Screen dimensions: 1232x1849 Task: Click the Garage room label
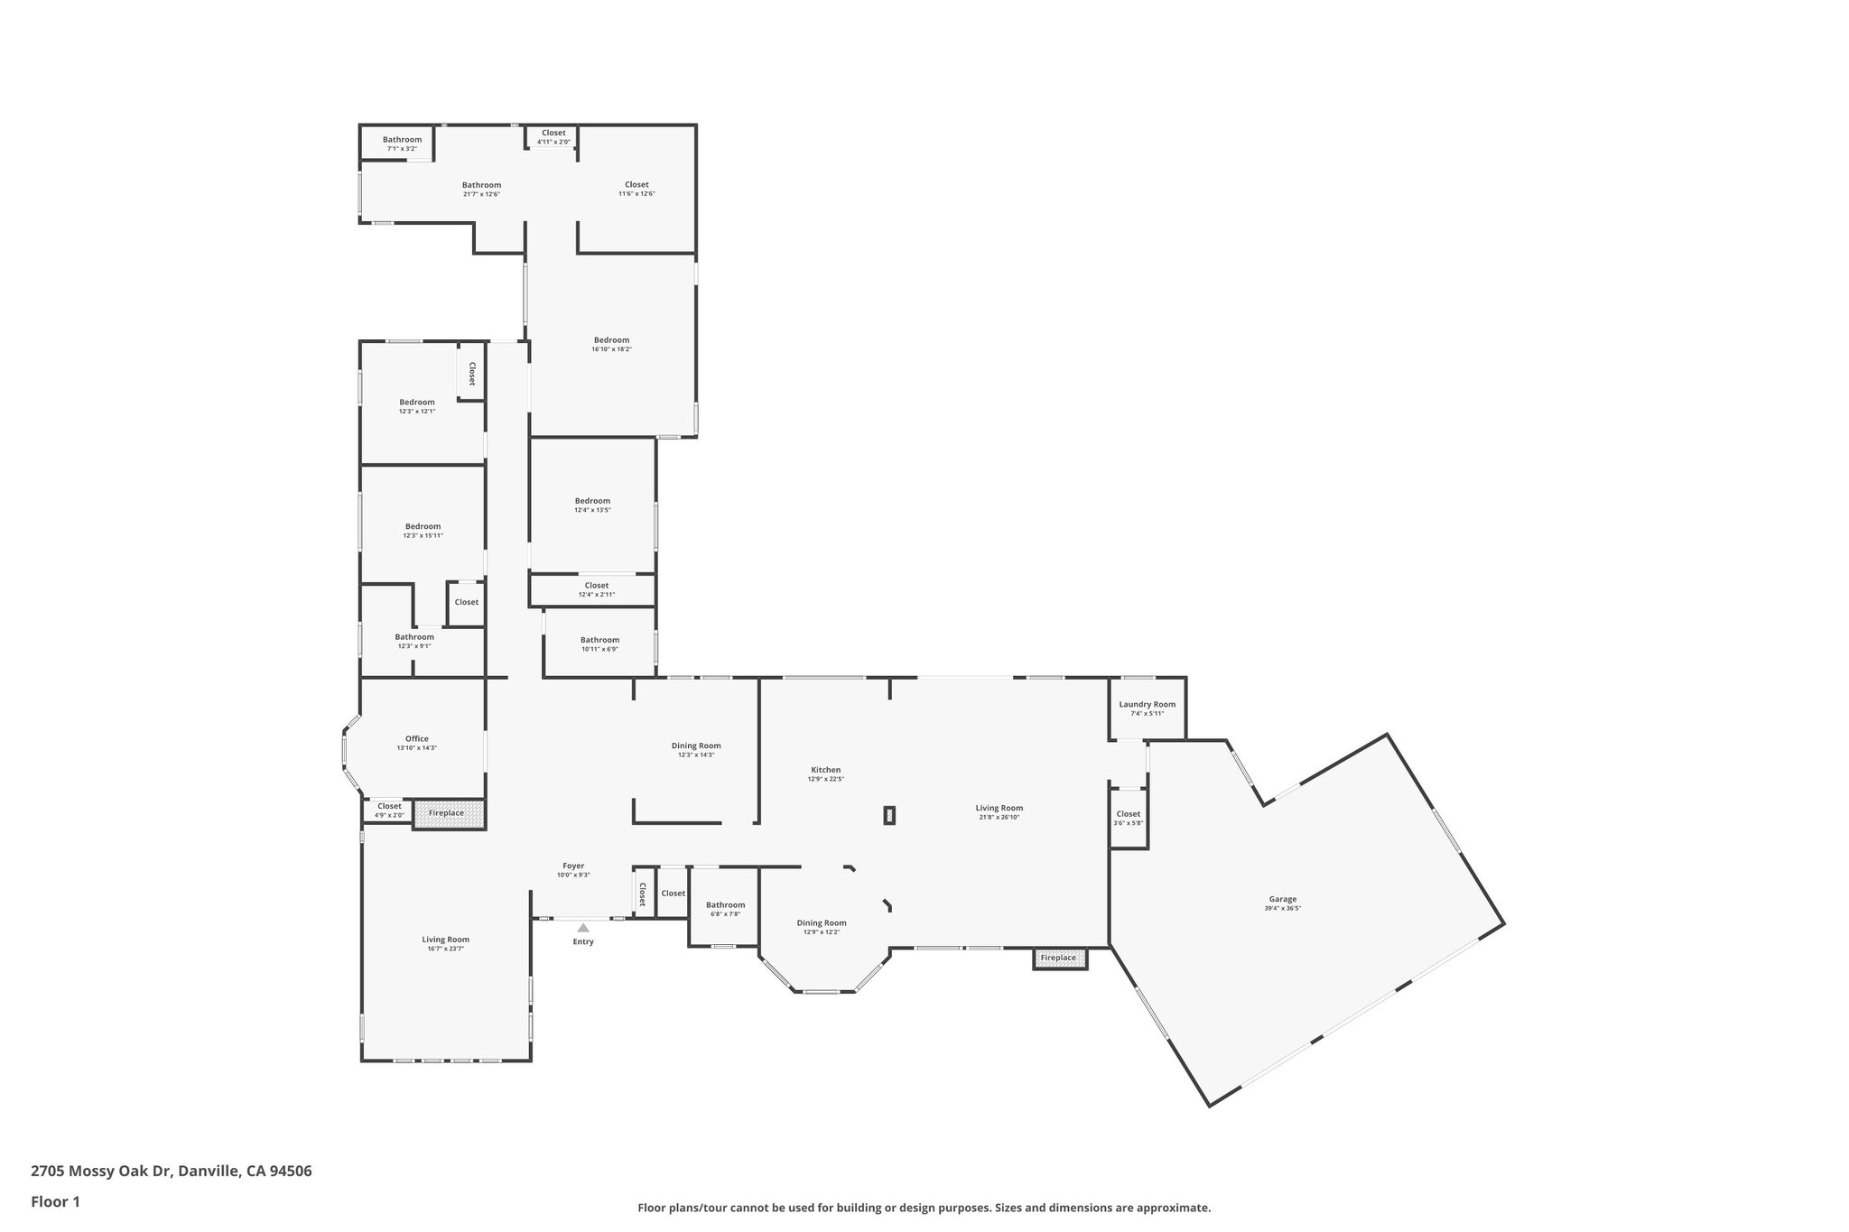pos(1282,899)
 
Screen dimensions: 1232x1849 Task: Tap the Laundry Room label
pos(1147,705)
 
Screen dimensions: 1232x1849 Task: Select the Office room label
pos(416,739)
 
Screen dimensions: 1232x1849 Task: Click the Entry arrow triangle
pos(583,927)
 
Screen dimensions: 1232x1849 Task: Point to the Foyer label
pos(573,866)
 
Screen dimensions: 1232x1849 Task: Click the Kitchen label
pos(825,770)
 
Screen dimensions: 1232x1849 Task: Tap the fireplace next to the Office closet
pos(448,813)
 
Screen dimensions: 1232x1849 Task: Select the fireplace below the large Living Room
pos(1059,958)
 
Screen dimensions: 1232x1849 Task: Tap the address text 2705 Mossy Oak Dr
pos(171,1171)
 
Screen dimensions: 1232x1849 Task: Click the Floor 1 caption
pos(56,1201)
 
